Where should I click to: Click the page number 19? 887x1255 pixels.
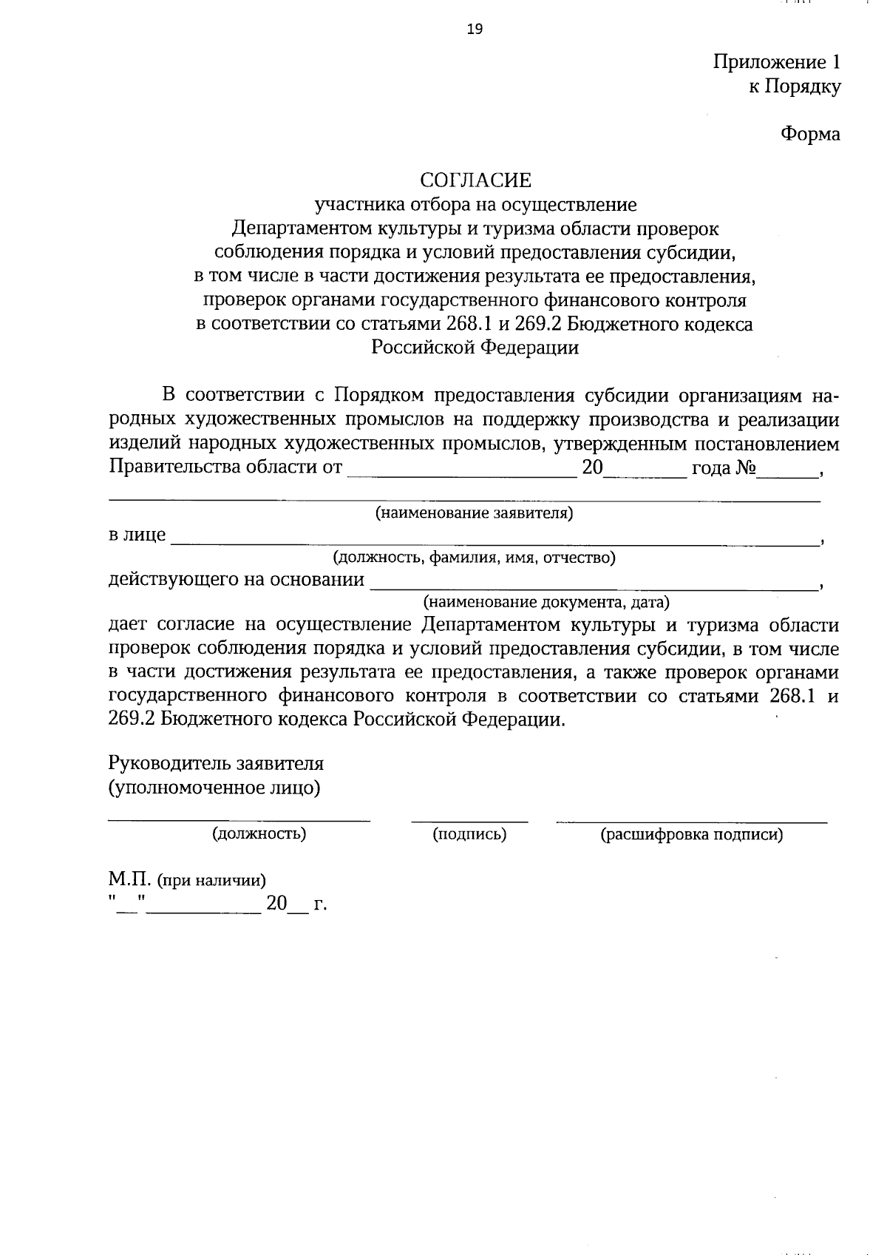(x=475, y=29)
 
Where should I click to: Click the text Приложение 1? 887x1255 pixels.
(x=776, y=61)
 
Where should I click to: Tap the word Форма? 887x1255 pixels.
(x=810, y=134)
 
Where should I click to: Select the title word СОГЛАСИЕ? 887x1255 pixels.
(x=475, y=180)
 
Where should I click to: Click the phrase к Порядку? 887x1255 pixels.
(x=794, y=87)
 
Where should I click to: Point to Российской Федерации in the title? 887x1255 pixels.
(x=475, y=348)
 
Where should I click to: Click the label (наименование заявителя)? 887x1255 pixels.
(x=475, y=513)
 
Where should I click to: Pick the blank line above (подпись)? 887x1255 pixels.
(x=469, y=819)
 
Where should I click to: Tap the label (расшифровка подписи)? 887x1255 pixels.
(x=691, y=835)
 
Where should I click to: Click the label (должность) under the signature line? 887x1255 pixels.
(x=259, y=834)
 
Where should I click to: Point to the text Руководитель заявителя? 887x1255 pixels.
(x=216, y=762)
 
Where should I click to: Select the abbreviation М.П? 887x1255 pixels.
(x=129, y=880)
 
